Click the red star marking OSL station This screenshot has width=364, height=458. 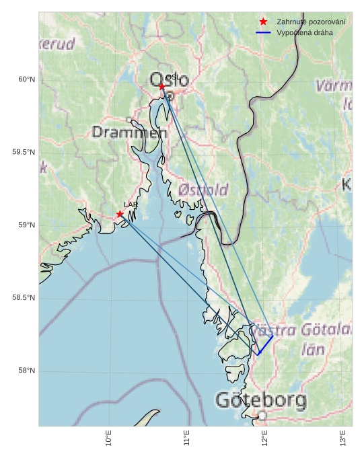[162, 87]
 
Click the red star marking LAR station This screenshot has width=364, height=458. [120, 215]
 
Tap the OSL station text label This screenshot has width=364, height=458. [172, 77]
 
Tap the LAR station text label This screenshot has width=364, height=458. [131, 204]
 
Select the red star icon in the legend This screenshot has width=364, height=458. [263, 22]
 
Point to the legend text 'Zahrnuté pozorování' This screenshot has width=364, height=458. [311, 22]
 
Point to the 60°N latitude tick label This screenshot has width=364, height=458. [27, 79]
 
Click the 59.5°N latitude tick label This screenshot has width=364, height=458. [24, 152]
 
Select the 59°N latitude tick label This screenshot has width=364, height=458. [27, 225]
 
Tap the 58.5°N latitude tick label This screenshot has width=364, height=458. [24, 298]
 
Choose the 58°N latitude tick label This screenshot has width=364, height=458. [27, 371]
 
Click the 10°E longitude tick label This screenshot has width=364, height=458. [109, 438]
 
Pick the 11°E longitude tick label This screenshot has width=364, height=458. [187, 438]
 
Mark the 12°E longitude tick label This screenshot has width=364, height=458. [265, 438]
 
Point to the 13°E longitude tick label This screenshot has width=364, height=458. [343, 438]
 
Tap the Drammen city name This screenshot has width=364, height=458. [129, 132]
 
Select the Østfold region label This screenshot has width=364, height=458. [203, 190]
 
